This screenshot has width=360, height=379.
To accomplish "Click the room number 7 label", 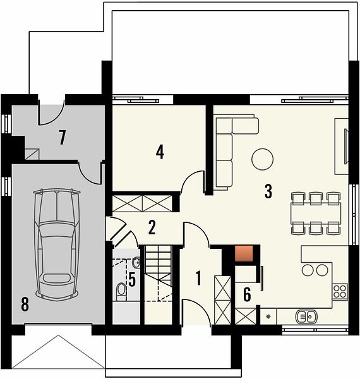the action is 63,137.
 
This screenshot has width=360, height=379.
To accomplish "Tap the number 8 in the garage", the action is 25,304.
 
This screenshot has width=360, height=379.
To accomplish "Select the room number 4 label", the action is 160,152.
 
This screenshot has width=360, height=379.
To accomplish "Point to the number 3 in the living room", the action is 268,191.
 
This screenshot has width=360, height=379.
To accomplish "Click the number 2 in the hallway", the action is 152,227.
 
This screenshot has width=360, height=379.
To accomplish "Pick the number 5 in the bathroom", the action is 132,279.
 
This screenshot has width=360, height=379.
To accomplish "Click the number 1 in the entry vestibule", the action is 198,278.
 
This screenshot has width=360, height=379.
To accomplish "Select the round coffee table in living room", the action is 262,159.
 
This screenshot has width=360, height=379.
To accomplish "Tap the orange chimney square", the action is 244,253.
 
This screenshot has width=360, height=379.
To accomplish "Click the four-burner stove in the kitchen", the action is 340,291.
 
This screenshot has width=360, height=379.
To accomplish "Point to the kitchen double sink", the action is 306,316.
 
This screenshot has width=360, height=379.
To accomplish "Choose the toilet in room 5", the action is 121,292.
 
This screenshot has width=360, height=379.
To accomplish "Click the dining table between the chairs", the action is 316,214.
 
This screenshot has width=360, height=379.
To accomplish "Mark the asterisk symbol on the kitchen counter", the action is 268,316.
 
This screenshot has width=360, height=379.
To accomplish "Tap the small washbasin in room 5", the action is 136,263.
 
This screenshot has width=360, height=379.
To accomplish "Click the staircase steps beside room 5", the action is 158,273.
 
